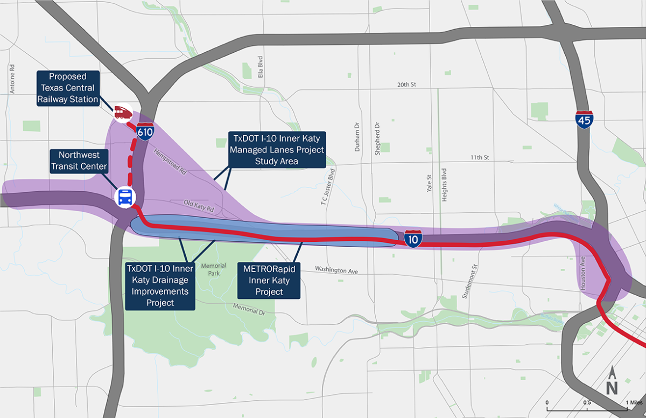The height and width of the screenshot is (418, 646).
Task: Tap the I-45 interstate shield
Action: click(x=584, y=119)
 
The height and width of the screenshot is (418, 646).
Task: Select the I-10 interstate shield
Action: click(x=413, y=239)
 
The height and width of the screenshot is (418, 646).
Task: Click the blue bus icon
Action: click(x=125, y=197)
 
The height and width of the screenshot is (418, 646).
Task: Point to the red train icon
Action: click(x=122, y=112)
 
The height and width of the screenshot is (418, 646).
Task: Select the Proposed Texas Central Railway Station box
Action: click(x=69, y=88)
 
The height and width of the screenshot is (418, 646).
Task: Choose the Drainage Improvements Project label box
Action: click(x=160, y=285)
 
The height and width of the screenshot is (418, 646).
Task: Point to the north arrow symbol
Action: click(x=612, y=381)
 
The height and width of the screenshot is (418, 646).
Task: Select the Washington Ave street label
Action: click(x=336, y=270)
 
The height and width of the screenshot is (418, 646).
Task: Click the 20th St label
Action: click(x=407, y=85)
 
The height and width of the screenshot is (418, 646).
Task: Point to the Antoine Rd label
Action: click(x=12, y=79)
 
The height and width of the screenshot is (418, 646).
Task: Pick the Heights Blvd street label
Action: click(x=444, y=184)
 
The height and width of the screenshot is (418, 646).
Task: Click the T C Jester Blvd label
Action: click(x=325, y=186)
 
